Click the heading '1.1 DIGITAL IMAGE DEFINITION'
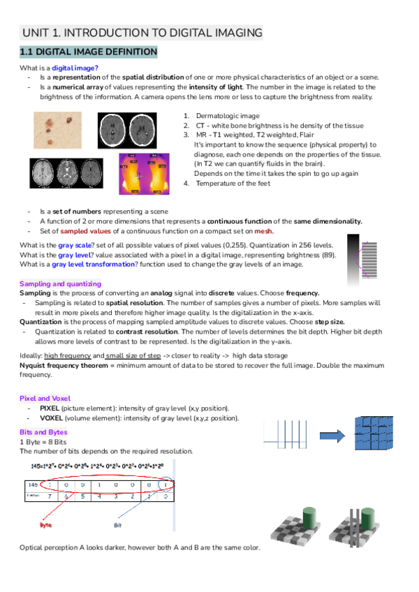coord(89,52)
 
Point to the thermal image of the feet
coord(144,171)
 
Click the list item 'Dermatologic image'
coord(227,116)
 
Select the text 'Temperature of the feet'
coord(233,183)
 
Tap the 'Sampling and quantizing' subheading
coord(60,284)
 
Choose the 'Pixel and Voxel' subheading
coord(45,398)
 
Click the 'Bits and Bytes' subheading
coord(43,432)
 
